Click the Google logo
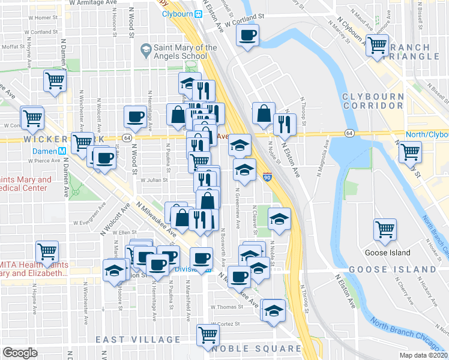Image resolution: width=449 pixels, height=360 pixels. [20, 353]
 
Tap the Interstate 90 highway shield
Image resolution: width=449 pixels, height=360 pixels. [267, 178]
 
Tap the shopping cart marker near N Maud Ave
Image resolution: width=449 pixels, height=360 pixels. [378, 45]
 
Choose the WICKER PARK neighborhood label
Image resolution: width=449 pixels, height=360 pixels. [58, 139]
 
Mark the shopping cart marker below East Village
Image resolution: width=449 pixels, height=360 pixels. [208, 334]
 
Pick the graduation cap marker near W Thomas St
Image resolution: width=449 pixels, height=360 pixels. [273, 310]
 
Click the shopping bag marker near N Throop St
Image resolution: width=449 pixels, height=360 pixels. [264, 112]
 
